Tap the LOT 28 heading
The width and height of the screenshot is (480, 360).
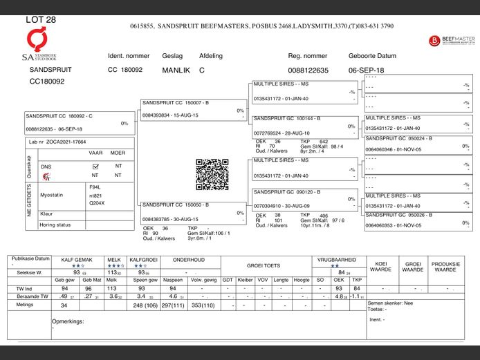pos(41,20)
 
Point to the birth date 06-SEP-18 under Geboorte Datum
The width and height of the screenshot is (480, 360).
pos(367,70)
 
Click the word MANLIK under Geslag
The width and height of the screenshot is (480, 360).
pos(176,70)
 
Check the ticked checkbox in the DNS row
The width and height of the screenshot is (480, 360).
pos(96,167)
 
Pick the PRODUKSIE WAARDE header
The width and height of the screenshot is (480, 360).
pos(445,267)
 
